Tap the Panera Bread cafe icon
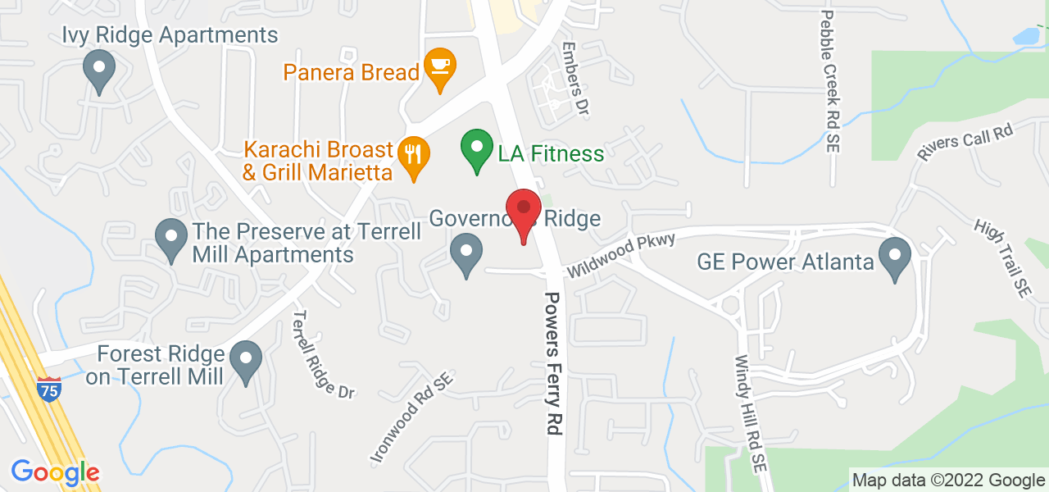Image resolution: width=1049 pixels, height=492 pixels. pos(440,67)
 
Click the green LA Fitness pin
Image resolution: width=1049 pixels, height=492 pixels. pos(476,150)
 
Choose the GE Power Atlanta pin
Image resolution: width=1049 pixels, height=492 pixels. pos(895,257)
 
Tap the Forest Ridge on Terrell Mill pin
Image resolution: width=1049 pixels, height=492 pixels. pos(245,361)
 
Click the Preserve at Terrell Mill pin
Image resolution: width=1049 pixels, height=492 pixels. pos(170,239)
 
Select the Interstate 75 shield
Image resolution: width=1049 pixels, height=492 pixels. pos(49,391)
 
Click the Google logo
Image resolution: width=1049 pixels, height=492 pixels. pos(55,473)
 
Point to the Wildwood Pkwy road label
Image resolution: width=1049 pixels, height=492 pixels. pos(621,254)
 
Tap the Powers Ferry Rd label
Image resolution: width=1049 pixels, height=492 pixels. pos(554,362)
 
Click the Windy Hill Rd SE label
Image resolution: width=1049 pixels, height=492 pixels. pos(749,414)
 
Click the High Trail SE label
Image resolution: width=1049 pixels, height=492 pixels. pos(1001,257)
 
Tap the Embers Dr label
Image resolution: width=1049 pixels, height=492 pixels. pos(574,77)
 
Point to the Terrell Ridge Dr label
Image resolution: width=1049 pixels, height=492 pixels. pos(324,353)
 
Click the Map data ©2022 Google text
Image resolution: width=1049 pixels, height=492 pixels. pos(947,480)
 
